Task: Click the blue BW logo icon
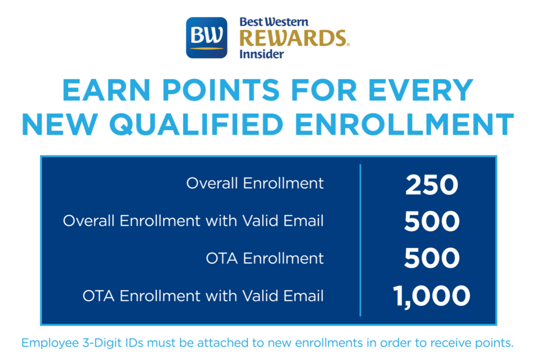coord(206,38)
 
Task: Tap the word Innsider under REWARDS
coord(261,54)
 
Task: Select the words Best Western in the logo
coord(274,22)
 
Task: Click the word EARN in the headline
coord(106,90)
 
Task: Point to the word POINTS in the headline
coord(220,90)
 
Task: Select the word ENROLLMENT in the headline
coord(404,124)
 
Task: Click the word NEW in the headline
coord(60,124)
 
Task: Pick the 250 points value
coord(432,185)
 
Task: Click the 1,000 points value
coord(432,296)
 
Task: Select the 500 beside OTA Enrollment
coord(432,258)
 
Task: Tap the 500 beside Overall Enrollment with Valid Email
coord(432,221)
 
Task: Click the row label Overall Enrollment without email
coord(255,183)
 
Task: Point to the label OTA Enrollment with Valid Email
coord(203,296)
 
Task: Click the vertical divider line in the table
coord(360,240)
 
